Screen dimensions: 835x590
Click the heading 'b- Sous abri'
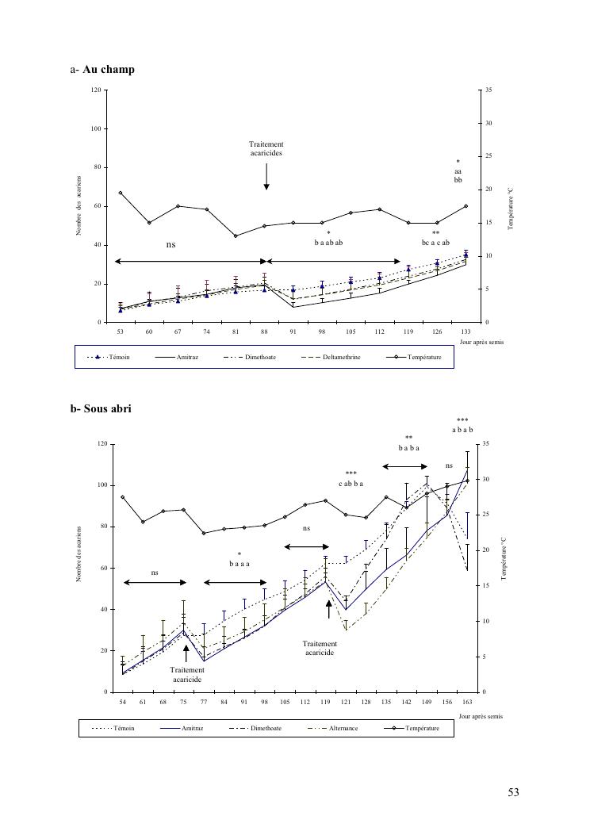pyautogui.click(x=101, y=409)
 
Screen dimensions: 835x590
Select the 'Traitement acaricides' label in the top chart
pyautogui.click(x=266, y=148)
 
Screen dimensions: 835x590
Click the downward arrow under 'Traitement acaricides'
pyautogui.click(x=266, y=176)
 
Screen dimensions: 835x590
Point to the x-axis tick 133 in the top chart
pyautogui.click(x=465, y=331)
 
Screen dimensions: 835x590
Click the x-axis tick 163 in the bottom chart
pyautogui.click(x=467, y=701)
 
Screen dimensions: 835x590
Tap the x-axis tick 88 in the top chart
pyautogui.click(x=265, y=331)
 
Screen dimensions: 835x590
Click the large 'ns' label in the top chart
pyautogui.click(x=170, y=245)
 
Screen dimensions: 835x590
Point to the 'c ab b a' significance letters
pyautogui.click(x=351, y=483)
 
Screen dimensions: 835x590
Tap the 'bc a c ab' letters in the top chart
pyautogui.click(x=435, y=243)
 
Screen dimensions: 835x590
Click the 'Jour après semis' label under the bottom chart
pyautogui.click(x=480, y=716)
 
